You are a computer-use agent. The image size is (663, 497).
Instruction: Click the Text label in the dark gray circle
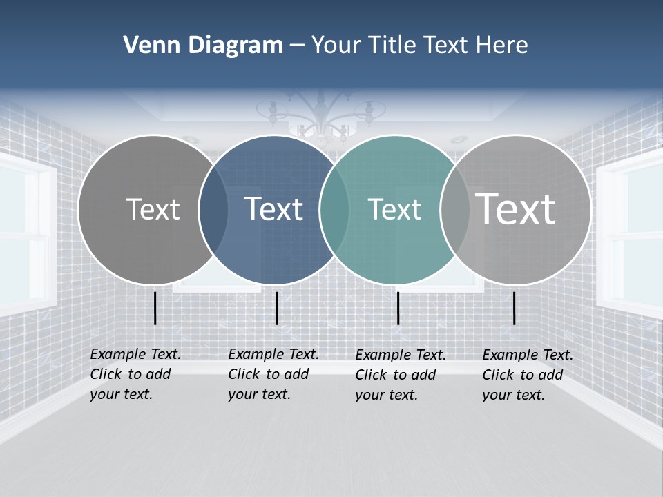[153, 209]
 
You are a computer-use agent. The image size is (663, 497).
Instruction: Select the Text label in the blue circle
[273, 209]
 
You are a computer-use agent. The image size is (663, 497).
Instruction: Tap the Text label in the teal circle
[394, 209]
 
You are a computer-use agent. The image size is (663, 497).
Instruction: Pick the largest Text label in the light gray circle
[515, 208]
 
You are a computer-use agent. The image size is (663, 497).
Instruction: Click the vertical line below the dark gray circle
[155, 308]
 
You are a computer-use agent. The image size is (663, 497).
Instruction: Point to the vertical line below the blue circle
[276, 308]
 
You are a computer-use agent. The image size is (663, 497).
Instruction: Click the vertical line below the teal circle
[398, 308]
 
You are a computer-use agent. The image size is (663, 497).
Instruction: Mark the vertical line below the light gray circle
[514, 308]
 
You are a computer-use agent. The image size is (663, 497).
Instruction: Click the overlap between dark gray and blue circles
[213, 210]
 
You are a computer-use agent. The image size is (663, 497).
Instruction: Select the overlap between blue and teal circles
[334, 210]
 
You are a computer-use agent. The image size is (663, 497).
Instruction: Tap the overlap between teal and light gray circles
[454, 210]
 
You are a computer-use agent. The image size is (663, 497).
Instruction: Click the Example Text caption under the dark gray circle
[135, 374]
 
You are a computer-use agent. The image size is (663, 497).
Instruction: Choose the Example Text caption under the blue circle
[273, 374]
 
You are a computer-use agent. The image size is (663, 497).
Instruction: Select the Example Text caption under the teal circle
[401, 375]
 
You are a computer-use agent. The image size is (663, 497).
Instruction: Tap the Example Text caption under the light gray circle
[528, 375]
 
